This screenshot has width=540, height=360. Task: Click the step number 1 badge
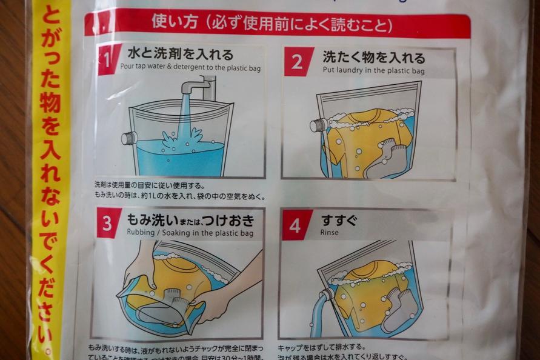[108, 60]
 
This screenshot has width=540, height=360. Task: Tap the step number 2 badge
[298, 62]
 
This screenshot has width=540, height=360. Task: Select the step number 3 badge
[108, 224]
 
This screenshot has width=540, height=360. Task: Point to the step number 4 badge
[296, 225]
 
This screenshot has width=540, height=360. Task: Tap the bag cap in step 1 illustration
[128, 138]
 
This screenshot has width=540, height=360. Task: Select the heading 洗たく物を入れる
[373, 58]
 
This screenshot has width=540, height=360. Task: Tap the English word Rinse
[330, 233]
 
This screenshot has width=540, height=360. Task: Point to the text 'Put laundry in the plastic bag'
[373, 71]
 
